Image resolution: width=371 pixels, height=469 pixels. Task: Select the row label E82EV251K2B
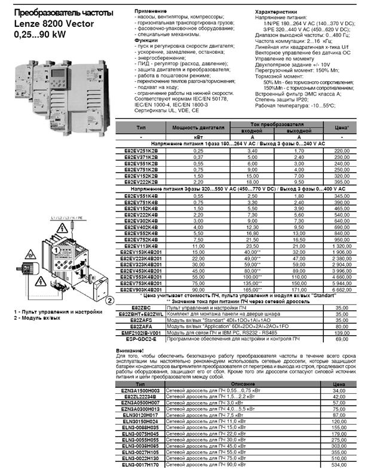coord(140,151)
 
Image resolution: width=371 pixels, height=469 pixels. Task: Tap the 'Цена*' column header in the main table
coord(341,127)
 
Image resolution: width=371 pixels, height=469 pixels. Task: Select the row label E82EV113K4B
coord(140,246)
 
